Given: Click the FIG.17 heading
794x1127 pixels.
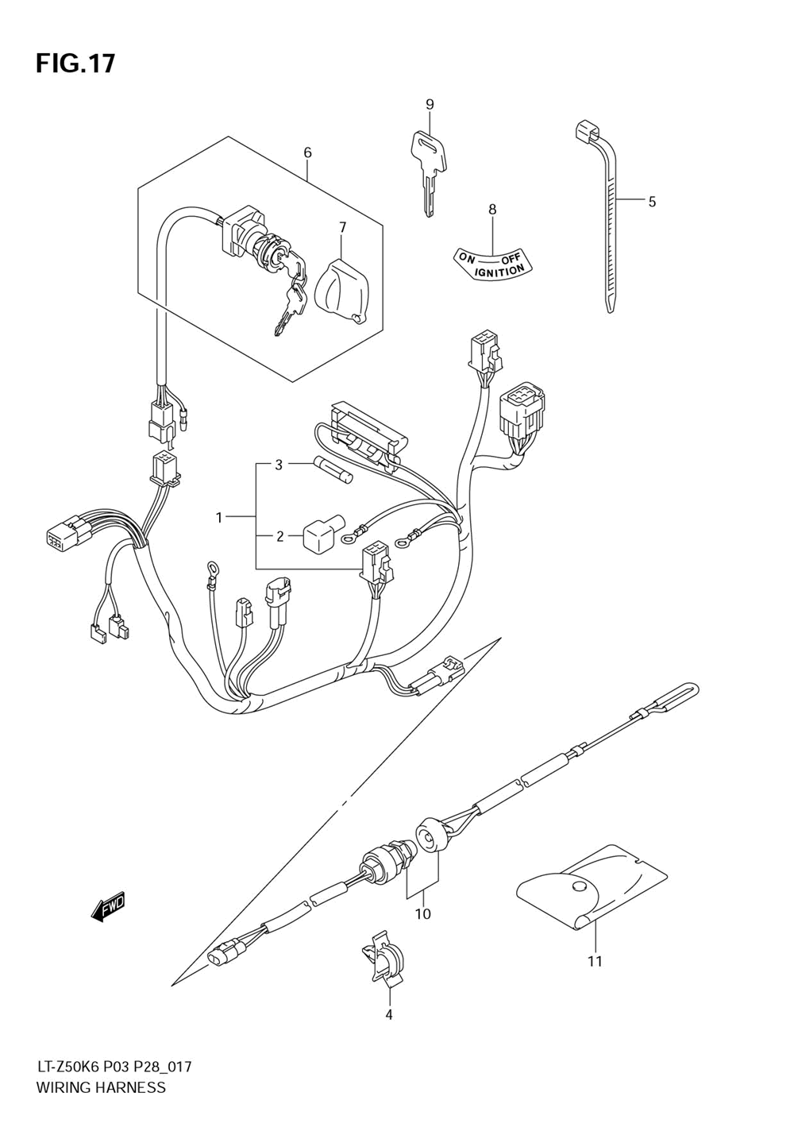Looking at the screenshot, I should click(75, 63).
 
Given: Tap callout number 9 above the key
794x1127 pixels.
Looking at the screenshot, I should click(430, 104).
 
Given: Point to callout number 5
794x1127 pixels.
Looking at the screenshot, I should click(652, 202).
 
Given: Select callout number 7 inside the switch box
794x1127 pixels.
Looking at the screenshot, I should click(342, 227).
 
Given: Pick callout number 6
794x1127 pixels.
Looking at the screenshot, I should click(307, 152).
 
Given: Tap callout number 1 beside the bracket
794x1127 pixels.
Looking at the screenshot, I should click(219, 518).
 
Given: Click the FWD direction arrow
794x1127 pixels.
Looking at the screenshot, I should click(109, 907).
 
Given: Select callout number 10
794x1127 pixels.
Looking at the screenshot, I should click(422, 914).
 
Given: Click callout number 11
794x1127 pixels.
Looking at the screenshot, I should click(595, 962).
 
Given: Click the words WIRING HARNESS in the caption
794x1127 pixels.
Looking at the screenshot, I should click(101, 1087).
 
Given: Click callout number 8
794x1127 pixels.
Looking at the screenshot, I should click(492, 210).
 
